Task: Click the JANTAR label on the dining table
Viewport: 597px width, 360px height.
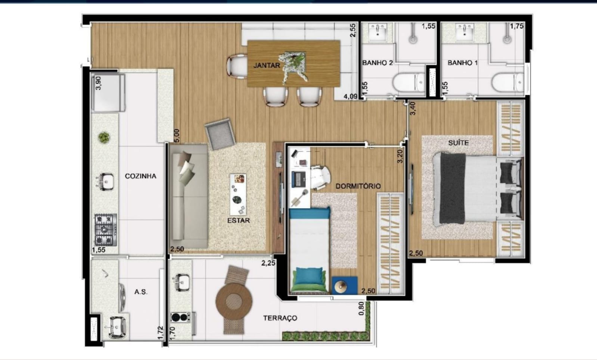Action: click(x=267, y=65)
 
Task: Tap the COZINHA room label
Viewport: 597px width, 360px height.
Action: click(x=140, y=176)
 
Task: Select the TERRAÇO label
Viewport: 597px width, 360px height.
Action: click(x=280, y=318)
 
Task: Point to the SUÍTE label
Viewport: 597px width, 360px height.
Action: click(x=458, y=143)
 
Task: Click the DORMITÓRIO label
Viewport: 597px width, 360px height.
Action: click(x=358, y=186)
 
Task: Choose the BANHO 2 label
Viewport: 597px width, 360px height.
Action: click(x=377, y=63)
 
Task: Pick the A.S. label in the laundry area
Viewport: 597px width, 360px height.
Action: click(x=140, y=292)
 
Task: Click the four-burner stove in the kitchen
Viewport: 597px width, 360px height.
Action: click(x=106, y=230)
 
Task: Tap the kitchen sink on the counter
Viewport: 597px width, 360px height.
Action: click(x=106, y=182)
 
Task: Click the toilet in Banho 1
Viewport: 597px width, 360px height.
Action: click(x=508, y=82)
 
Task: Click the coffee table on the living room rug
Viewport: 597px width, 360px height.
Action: click(x=238, y=195)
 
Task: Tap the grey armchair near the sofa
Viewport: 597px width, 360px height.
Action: click(x=220, y=134)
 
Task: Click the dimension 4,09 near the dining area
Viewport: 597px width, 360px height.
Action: click(x=350, y=96)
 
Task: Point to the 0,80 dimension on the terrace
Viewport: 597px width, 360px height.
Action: click(x=361, y=309)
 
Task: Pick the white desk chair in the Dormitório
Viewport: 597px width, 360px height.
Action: click(x=321, y=177)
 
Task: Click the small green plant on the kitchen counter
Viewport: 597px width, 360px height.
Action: click(x=104, y=138)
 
